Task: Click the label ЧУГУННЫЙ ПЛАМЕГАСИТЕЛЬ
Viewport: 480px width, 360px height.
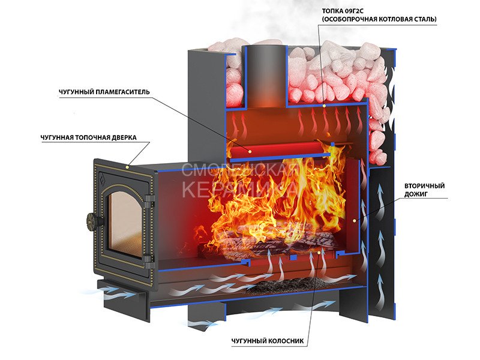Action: [x=104, y=92]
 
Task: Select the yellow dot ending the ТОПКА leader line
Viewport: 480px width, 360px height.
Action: [x=325, y=104]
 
